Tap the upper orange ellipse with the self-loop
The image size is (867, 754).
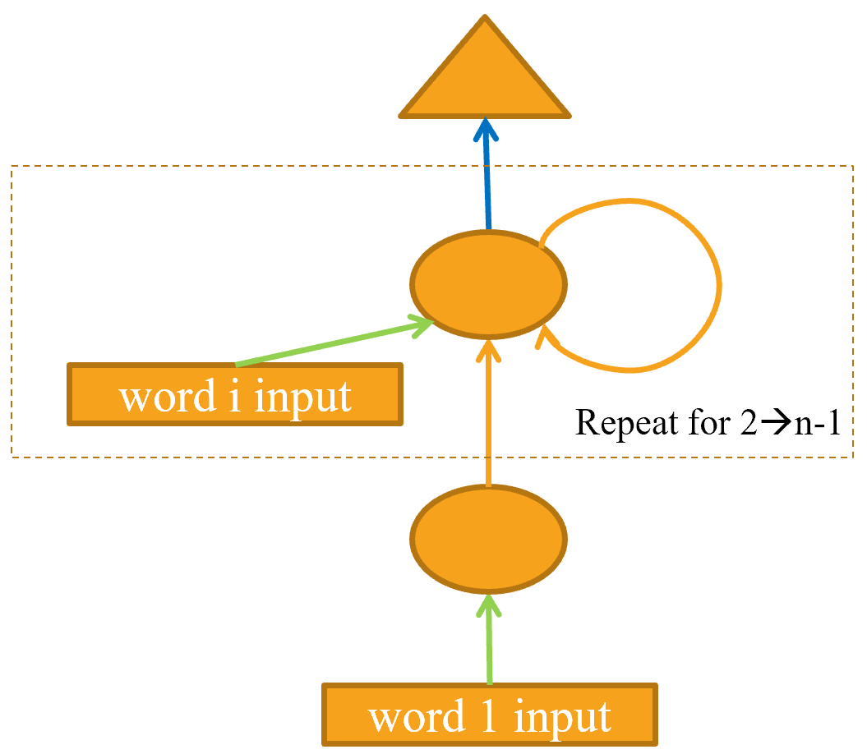[487, 284]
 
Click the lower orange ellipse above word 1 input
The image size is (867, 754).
[488, 539]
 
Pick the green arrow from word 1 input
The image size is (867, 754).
[490, 641]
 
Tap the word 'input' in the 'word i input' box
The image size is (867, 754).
[303, 398]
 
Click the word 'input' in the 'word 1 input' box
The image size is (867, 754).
[562, 717]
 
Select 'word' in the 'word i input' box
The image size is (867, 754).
[164, 397]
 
